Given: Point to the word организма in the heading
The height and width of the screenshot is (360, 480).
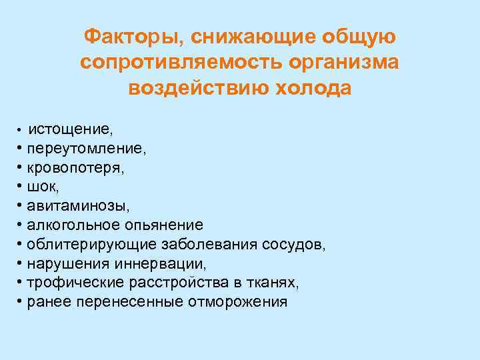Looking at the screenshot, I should (345, 62).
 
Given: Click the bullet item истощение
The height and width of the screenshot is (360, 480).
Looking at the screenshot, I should (65, 127).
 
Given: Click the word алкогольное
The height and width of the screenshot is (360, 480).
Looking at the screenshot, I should (74, 225).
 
